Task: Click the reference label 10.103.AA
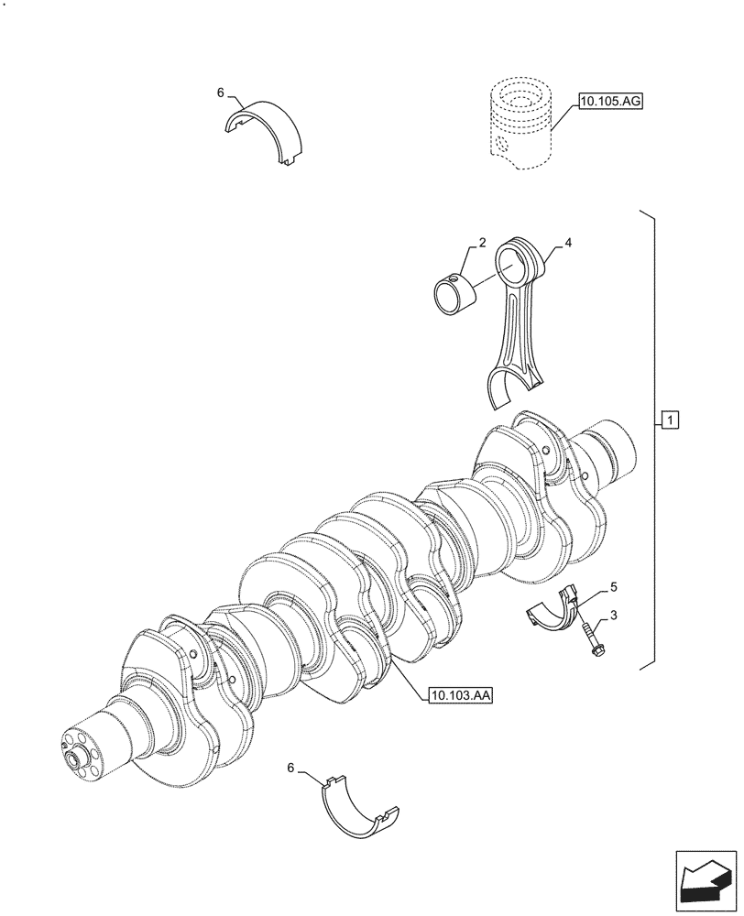click(x=460, y=696)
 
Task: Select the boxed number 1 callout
click(x=671, y=420)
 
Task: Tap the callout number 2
click(x=481, y=245)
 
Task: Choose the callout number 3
click(x=613, y=616)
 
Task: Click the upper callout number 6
click(x=220, y=93)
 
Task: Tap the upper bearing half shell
click(x=265, y=128)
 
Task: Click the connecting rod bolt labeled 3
click(x=589, y=639)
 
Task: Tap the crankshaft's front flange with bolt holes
click(x=85, y=748)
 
